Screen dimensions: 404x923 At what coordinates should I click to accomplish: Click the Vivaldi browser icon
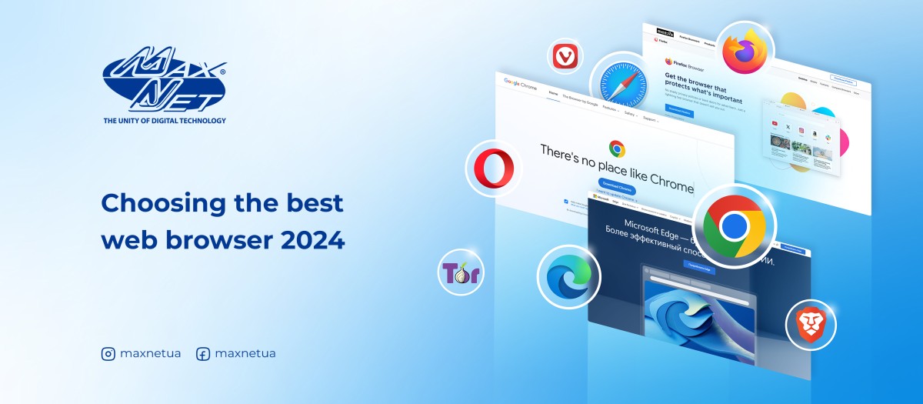pyautogui.click(x=567, y=57)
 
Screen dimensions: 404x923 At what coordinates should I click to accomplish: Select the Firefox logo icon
pyautogui.click(x=745, y=48)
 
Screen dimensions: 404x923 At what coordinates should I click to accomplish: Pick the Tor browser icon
pyautogui.click(x=461, y=272)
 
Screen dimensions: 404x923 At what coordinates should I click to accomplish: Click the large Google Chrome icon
pyautogui.click(x=735, y=225)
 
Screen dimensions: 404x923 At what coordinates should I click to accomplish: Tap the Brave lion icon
pyautogui.click(x=810, y=324)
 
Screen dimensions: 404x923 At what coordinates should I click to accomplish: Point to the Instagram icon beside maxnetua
pyautogui.click(x=108, y=354)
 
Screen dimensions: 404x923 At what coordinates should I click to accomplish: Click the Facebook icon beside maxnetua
pyautogui.click(x=203, y=354)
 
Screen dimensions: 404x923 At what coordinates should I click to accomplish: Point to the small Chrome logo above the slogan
pyautogui.click(x=616, y=149)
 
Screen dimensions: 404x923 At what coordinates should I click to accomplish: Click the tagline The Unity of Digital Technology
pyautogui.click(x=165, y=120)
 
